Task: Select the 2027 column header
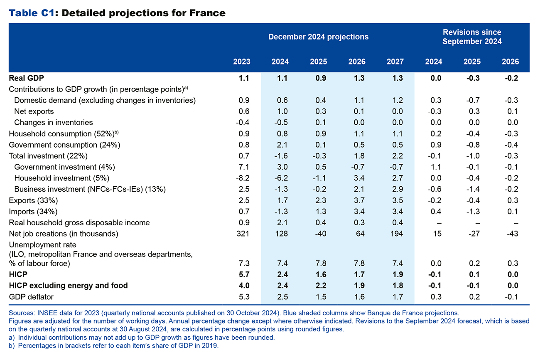pyautogui.click(x=395, y=62)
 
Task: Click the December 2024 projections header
pyautogui.click(x=318, y=37)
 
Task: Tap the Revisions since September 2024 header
pyautogui.click(x=472, y=37)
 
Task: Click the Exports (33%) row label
pyautogui.click(x=33, y=200)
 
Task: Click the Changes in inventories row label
pyautogui.click(x=53, y=122)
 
